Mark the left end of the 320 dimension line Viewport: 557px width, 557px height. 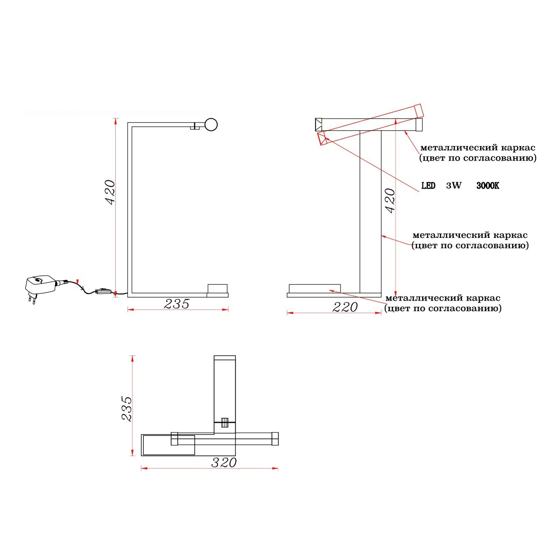(141, 469)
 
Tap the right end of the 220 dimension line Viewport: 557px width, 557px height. (381, 313)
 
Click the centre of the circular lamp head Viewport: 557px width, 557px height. (211, 125)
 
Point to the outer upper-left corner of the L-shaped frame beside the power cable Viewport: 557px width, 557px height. (128, 123)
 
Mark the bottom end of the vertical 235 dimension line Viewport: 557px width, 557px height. (132, 455)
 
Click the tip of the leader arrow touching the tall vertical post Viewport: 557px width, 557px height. (382, 236)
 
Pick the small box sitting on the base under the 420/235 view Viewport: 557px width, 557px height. (218, 289)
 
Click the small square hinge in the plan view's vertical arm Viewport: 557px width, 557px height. (225, 422)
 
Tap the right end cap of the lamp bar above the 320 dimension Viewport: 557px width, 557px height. (275, 439)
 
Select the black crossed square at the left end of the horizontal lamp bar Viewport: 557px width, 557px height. (319, 125)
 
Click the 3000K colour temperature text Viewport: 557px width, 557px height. (488, 186)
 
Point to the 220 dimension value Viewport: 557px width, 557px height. (345, 307)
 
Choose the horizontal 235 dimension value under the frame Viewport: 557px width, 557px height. (177, 304)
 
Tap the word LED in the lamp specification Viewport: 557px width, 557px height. (428, 186)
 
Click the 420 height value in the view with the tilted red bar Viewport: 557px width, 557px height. (390, 201)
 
